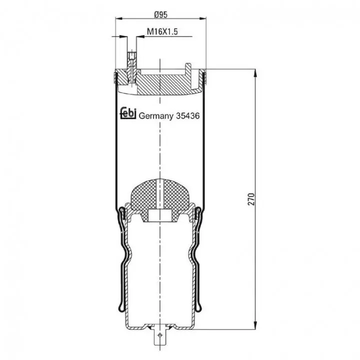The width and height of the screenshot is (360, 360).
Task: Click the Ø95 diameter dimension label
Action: click(160, 14)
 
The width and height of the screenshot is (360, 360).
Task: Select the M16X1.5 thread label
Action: click(162, 31)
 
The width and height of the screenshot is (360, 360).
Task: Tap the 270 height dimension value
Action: click(252, 199)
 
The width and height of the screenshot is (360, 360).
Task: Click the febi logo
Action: click(128, 113)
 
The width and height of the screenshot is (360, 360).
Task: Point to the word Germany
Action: click(156, 116)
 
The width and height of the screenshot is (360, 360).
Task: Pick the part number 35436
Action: click(188, 115)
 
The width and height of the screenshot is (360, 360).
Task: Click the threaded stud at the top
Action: click(131, 60)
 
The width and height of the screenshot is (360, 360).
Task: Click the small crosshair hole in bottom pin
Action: click(160, 335)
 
